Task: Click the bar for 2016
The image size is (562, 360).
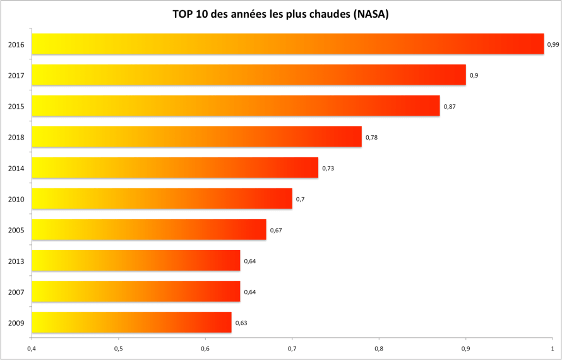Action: (287, 44)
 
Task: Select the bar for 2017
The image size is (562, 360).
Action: (248, 75)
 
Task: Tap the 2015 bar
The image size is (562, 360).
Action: (236, 106)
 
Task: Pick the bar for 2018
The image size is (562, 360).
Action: (196, 137)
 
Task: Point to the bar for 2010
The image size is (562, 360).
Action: (162, 199)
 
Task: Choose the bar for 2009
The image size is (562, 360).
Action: (131, 323)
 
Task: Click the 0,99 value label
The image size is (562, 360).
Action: (553, 44)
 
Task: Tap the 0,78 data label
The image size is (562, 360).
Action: (371, 137)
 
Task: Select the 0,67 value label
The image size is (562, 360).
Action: (276, 230)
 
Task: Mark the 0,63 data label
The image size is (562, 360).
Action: (241, 323)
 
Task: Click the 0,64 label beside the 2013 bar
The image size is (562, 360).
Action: (250, 261)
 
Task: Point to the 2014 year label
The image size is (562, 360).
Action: (16, 168)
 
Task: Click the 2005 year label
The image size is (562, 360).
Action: (16, 230)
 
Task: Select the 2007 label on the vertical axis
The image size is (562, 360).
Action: (16, 292)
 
